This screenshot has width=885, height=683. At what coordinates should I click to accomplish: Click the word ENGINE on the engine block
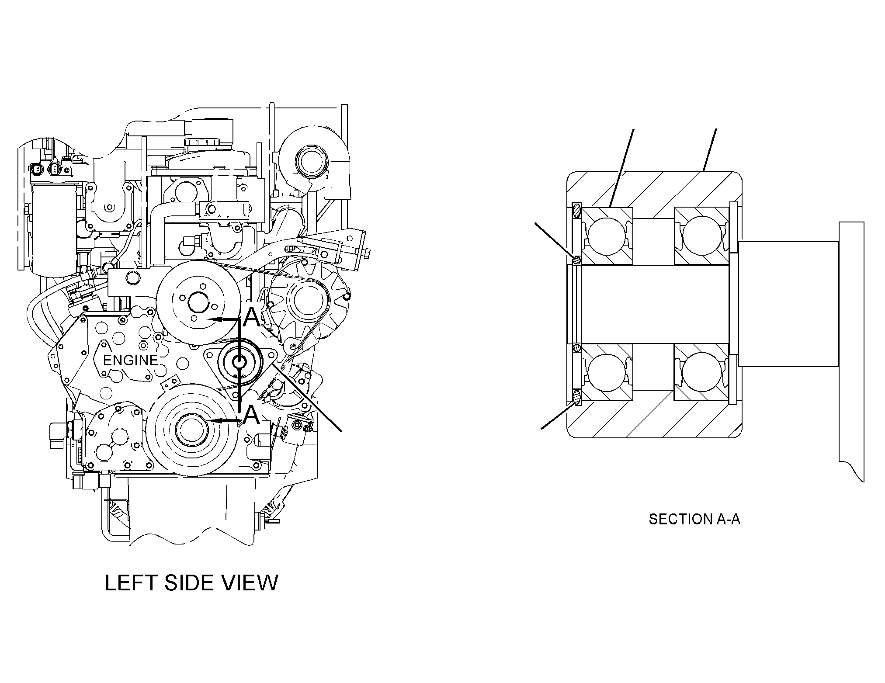(130, 360)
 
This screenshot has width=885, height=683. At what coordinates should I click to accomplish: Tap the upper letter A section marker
(251, 318)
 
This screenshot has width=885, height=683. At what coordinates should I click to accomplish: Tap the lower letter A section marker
(251, 415)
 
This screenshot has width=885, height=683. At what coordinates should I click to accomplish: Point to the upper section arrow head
(213, 319)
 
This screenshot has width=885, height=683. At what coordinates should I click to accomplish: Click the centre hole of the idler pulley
(239, 362)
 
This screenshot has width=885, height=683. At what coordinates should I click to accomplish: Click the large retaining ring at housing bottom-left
(577, 397)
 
